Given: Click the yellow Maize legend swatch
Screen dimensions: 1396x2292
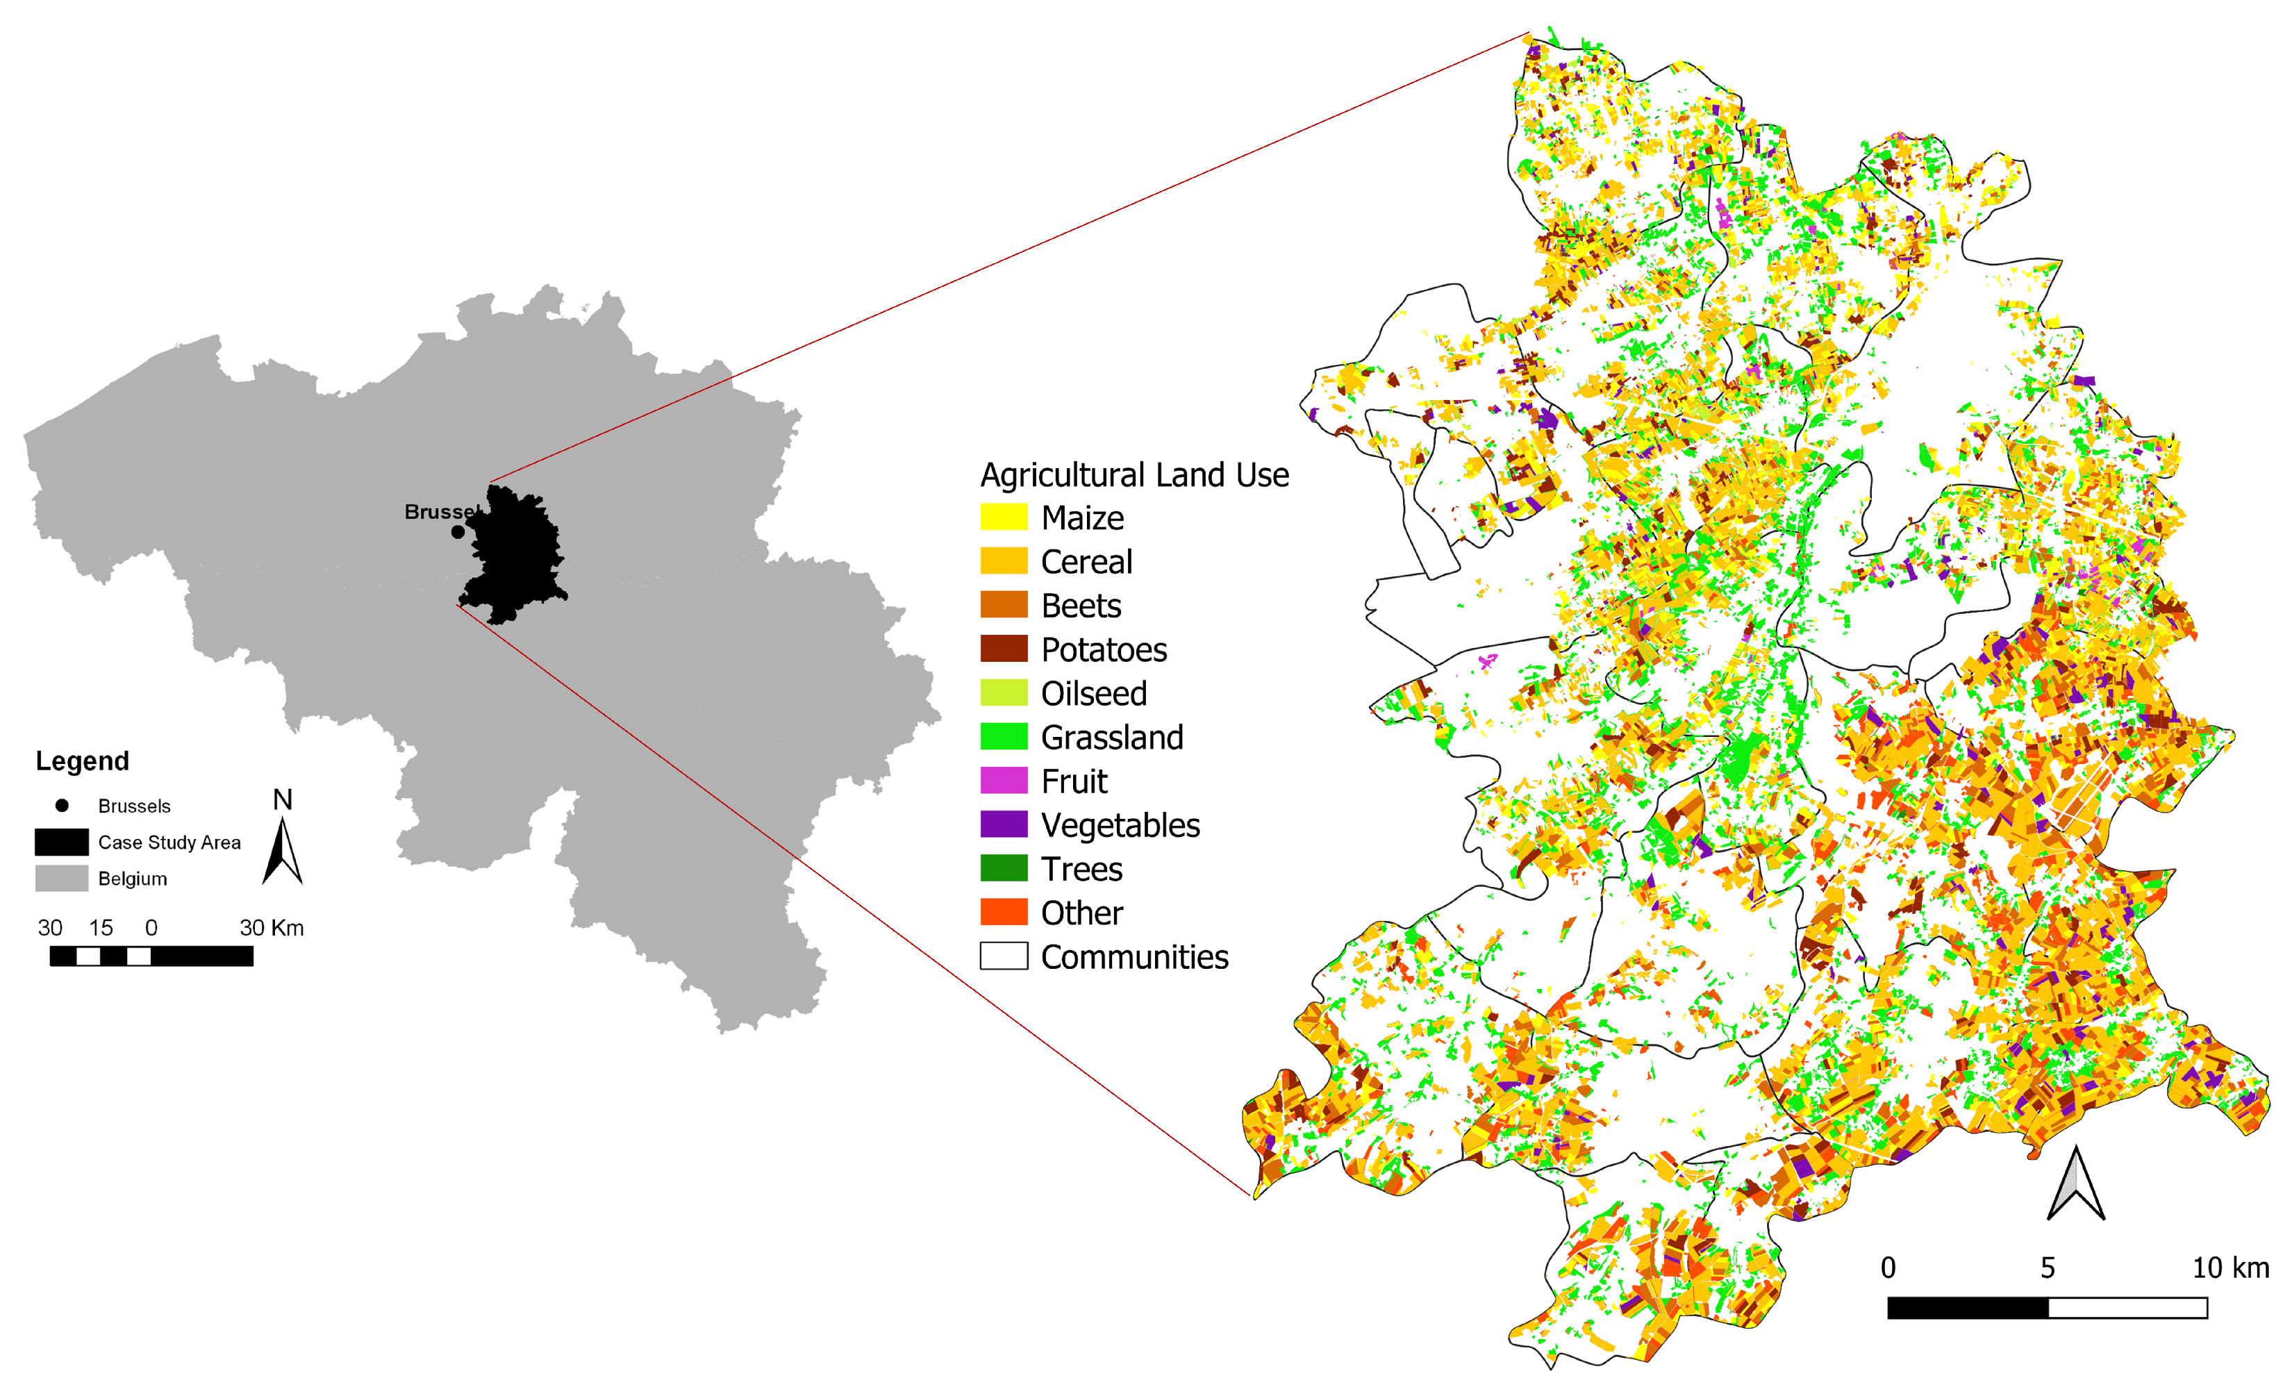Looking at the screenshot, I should [x=1003, y=517].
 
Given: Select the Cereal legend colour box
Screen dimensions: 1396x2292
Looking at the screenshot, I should [x=1003, y=560].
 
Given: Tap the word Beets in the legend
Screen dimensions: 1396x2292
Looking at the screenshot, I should [x=1081, y=606].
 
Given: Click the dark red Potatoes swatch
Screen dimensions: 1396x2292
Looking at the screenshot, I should [x=1003, y=648].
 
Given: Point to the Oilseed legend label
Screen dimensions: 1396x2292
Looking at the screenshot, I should [x=1093, y=693].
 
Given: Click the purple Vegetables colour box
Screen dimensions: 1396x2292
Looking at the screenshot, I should [x=1003, y=824].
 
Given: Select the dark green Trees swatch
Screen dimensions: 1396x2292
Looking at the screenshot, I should [x=1003, y=867].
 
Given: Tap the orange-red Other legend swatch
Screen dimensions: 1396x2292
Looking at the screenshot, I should [x=1003, y=911].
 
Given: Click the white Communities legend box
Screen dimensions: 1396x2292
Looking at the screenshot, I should [x=1003, y=956].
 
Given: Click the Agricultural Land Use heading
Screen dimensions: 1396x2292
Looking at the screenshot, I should [x=1134, y=475].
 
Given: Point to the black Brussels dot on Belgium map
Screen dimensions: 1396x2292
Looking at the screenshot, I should [x=458, y=532].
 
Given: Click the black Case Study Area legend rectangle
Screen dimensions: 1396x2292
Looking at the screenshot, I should [x=61, y=842].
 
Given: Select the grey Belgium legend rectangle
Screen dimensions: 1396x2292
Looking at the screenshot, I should [x=61, y=878].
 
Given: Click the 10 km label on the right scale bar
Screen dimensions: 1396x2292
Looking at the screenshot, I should [x=2229, y=1268].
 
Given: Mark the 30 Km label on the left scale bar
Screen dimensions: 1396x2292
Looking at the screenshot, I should [x=272, y=927].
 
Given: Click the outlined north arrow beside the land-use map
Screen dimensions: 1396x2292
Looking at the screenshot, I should [x=2075, y=1185].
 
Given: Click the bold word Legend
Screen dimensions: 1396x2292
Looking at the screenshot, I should [x=82, y=761].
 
